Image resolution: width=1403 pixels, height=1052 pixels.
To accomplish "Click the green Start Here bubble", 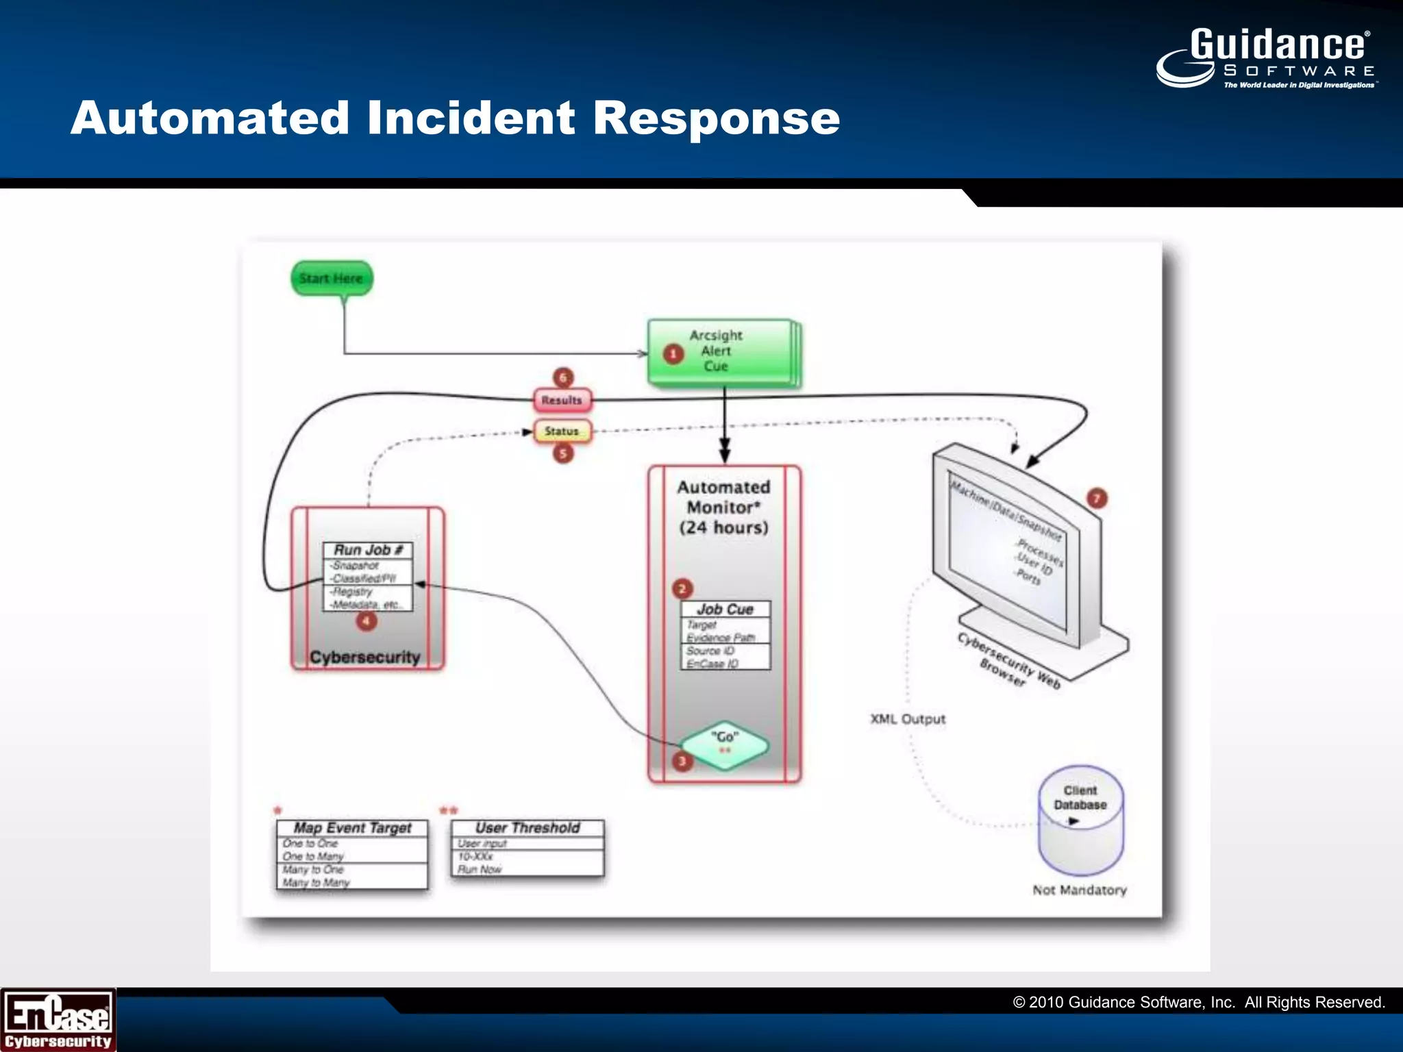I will (x=332, y=278).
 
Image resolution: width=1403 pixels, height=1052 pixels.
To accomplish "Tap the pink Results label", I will (x=562, y=400).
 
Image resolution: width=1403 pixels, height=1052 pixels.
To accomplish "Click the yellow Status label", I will (x=562, y=431).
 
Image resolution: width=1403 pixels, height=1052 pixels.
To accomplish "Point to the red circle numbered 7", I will (x=1097, y=498).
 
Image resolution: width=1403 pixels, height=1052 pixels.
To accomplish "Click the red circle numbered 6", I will (x=563, y=377).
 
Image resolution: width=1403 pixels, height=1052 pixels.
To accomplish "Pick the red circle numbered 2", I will (x=682, y=588).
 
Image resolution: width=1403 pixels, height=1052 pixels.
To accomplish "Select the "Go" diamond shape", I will (x=724, y=744).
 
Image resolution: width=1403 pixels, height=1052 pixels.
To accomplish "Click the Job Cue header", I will (x=725, y=609).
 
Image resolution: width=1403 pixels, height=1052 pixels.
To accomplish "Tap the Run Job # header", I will (x=368, y=550).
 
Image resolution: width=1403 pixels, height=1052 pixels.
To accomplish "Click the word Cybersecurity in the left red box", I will (x=364, y=657).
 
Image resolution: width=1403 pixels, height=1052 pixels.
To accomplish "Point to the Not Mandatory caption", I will (x=1080, y=890).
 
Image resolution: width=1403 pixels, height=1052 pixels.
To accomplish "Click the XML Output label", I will (x=908, y=718).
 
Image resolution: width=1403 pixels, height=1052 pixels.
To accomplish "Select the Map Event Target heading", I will (x=352, y=827).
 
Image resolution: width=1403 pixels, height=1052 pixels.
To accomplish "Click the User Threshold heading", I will (x=527, y=827).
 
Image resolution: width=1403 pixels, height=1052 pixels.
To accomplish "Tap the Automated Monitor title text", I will (x=723, y=507).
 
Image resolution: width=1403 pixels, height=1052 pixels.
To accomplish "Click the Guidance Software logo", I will (x=1266, y=58).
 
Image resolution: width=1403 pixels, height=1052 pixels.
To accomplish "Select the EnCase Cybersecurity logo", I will (x=58, y=1020).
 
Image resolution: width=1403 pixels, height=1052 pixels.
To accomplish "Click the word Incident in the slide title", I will (x=471, y=118).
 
